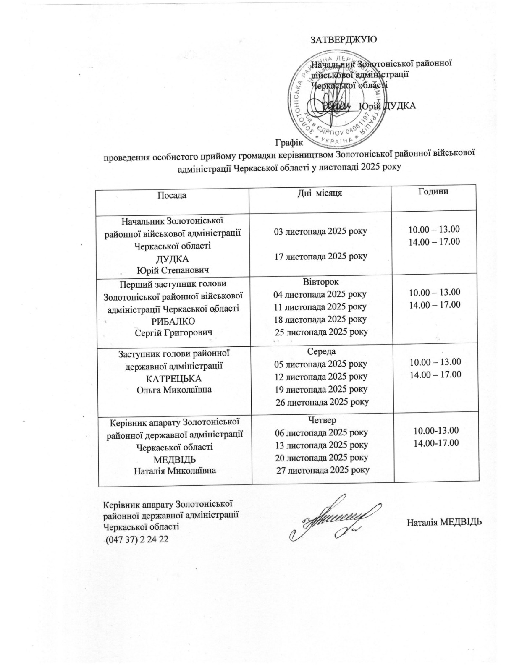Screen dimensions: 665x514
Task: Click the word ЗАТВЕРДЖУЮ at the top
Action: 343,40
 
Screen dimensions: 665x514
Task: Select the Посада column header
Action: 172,195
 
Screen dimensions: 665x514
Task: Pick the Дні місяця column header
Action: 320,193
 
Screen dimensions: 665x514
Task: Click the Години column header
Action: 433,191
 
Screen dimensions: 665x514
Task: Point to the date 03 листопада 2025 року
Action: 320,231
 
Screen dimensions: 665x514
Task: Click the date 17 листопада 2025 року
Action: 320,256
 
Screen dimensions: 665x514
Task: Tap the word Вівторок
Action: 321,281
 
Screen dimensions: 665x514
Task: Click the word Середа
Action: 321,351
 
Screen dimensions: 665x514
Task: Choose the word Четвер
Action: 322,419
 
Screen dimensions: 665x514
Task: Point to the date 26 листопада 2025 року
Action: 322,402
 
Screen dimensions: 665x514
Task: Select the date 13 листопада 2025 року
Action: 321,445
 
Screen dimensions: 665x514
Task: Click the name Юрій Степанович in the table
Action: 173,270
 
